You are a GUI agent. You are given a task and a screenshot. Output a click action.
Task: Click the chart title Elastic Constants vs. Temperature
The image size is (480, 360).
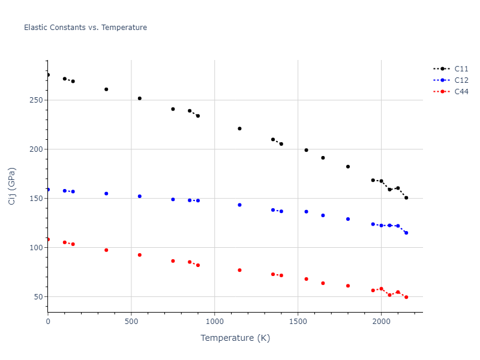coord(85,28)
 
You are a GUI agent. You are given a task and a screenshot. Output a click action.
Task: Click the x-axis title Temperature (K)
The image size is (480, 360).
coord(235,338)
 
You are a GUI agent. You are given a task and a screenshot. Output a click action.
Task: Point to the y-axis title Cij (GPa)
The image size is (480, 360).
coord(12,186)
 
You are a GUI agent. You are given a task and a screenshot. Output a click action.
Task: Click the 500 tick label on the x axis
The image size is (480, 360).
coord(131,322)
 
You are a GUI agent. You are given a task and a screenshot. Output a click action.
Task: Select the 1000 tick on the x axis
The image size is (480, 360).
coord(214,322)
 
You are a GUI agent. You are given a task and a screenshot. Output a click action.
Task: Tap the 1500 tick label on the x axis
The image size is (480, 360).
coord(298,322)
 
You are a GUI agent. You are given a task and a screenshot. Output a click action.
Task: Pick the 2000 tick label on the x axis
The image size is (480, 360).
coord(381,322)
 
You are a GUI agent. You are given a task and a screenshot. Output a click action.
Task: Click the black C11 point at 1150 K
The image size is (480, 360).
coord(239,128)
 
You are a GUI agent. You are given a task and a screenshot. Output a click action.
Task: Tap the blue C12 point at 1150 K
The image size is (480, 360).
coord(239,205)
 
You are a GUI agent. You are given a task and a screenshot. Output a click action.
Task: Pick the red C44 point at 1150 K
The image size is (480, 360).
coord(239,270)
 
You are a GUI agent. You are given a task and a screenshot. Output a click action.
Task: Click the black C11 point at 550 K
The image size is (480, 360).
coord(140,98)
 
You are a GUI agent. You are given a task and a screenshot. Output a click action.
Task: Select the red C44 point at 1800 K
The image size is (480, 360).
coord(348,286)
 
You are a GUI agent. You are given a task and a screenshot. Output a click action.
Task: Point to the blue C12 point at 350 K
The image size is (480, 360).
coord(106,194)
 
